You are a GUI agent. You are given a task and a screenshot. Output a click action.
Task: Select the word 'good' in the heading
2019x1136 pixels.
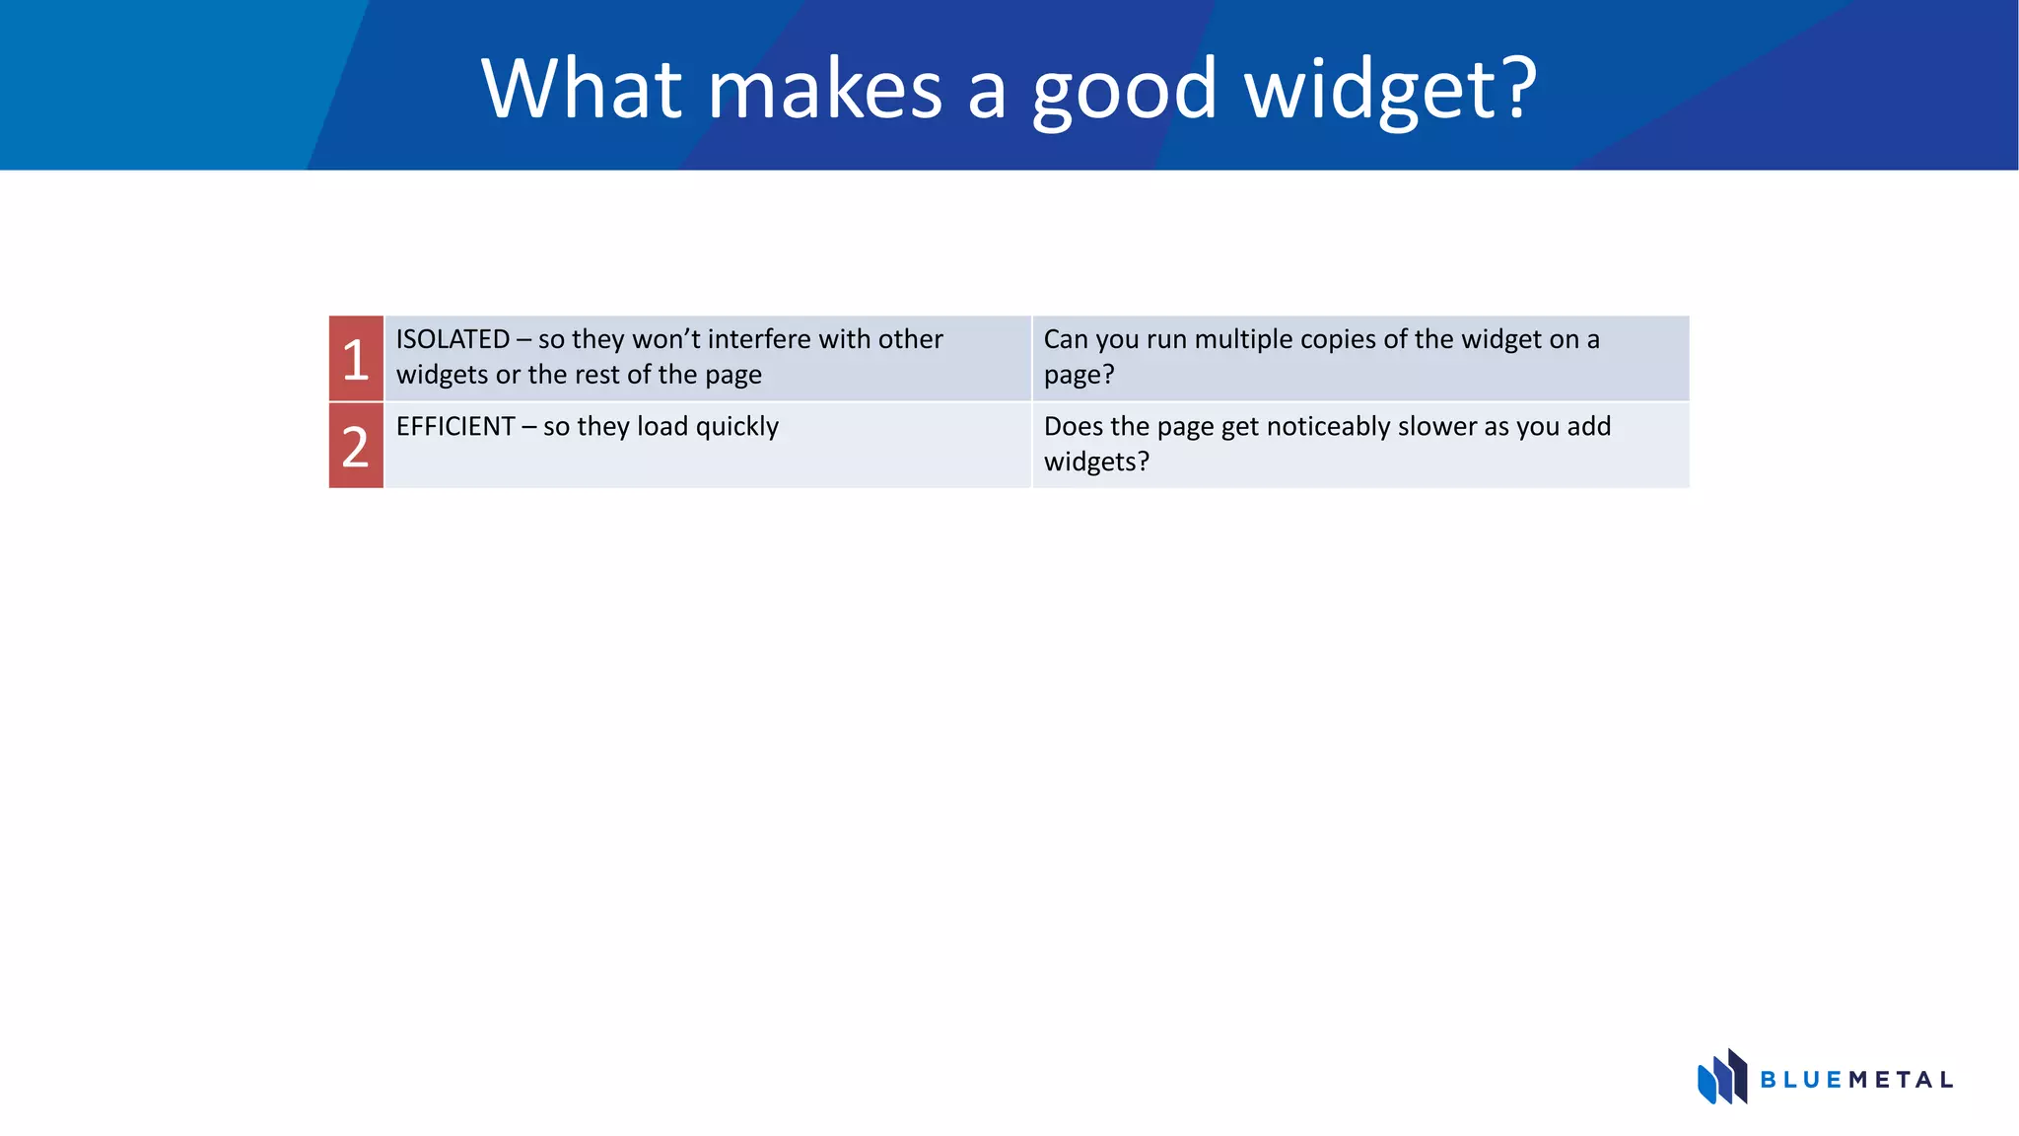[1124, 91]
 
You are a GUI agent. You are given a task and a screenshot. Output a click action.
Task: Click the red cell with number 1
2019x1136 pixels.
[356, 359]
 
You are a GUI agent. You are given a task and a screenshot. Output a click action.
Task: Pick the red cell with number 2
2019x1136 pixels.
[356, 446]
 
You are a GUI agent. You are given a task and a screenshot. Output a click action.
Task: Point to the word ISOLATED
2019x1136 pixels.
[453, 339]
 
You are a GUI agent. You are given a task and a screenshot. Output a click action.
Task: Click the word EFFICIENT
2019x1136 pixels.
[455, 426]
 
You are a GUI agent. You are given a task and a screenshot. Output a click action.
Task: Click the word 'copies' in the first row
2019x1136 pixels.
[1341, 340]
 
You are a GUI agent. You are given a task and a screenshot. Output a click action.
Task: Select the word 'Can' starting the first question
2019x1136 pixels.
[1066, 339]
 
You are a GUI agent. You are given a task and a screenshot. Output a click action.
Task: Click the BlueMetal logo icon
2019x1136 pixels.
[1721, 1077]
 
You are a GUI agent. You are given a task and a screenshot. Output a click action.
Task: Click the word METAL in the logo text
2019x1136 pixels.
[1901, 1080]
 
